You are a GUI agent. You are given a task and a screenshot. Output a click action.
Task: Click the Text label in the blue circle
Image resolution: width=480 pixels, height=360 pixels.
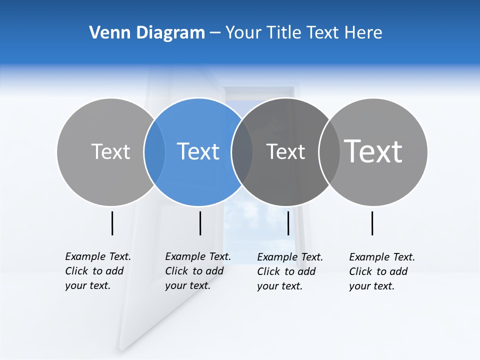(198, 151)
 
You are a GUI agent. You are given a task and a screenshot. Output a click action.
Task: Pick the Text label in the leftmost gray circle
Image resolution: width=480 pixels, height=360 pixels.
(110, 151)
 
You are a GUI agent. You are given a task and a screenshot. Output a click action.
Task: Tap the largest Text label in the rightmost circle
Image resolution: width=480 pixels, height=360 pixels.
(373, 151)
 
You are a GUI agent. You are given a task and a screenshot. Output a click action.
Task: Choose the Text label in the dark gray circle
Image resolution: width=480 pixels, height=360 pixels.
(285, 151)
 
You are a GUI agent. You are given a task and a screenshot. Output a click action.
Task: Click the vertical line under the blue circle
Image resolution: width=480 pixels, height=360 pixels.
(200, 223)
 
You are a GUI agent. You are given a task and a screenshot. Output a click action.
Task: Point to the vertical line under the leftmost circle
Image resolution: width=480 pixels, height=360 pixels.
(112, 223)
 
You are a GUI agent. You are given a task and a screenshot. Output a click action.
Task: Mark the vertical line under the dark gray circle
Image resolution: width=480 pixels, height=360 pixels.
(288, 223)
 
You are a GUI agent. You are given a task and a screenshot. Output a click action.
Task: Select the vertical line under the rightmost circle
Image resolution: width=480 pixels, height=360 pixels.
(372, 223)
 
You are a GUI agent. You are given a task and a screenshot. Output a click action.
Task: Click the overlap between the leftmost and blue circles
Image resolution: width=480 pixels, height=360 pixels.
(154, 152)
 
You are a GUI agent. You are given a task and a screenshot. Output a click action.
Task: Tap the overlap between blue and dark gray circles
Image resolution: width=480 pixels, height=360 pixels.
(242, 152)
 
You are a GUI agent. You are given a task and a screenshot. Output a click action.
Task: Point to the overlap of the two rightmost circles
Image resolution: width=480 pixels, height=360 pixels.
(329, 152)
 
